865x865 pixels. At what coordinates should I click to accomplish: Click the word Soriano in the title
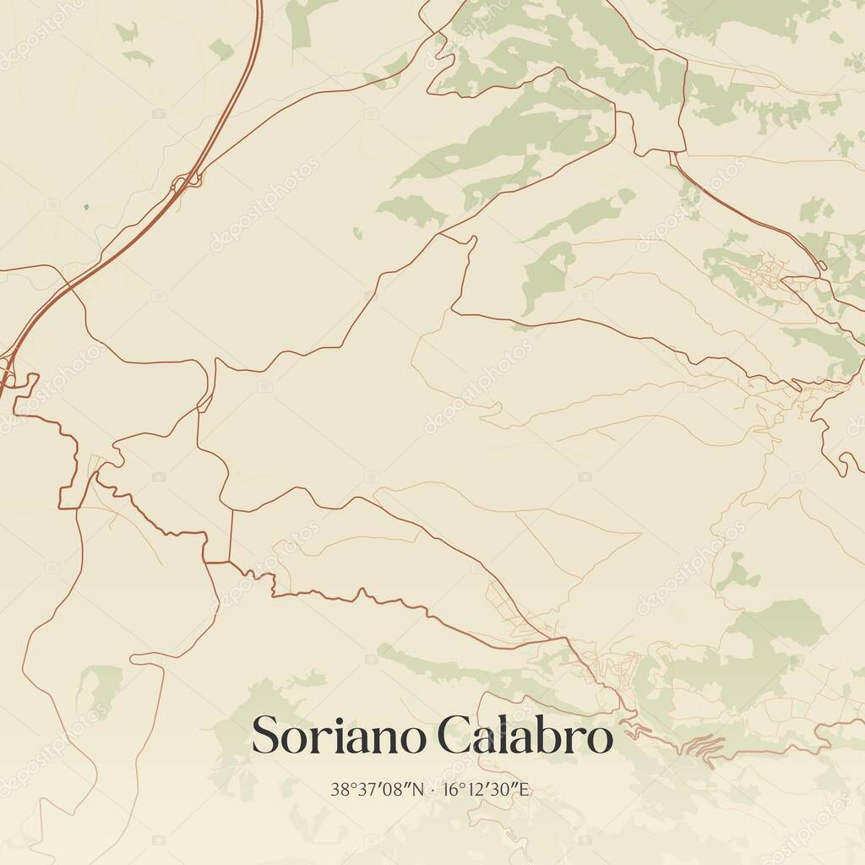[x=340, y=736]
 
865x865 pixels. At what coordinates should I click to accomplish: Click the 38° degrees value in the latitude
[x=342, y=791]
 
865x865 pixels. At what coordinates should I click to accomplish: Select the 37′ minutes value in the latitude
[x=366, y=791]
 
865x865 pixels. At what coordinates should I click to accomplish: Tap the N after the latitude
[x=415, y=791]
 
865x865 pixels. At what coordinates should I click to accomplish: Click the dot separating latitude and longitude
[x=432, y=792]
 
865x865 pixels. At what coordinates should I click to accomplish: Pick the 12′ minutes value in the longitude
[x=473, y=791]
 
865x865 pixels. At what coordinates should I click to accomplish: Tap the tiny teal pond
[x=86, y=206]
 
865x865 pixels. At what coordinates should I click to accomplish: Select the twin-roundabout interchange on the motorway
[x=186, y=180]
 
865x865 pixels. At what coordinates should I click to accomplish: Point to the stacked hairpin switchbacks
[x=704, y=746]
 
